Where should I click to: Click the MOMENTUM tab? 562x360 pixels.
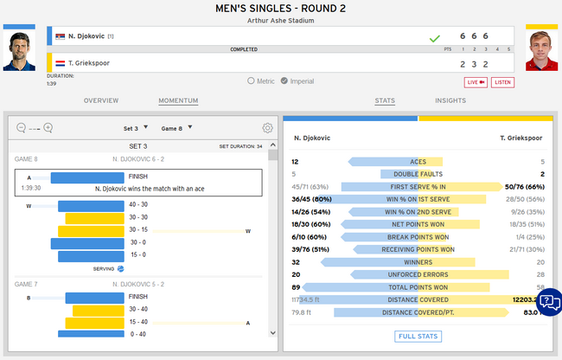[178, 101]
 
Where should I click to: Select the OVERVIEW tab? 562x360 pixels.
[100, 101]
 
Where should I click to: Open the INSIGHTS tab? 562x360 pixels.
[450, 101]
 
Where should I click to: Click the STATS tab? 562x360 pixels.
[385, 101]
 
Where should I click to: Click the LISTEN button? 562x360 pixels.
[503, 82]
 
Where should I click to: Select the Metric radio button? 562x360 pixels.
[252, 81]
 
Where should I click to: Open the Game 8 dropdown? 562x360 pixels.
[175, 128]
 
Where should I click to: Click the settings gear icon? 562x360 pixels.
[268, 128]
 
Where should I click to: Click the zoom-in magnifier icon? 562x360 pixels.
[48, 128]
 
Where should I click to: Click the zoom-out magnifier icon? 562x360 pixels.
[21, 128]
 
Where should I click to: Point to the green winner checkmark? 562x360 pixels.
[435, 38]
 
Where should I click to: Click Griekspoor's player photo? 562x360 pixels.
[541, 52]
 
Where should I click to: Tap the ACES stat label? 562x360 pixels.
[418, 162]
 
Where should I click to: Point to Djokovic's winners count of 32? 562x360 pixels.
[296, 261]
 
